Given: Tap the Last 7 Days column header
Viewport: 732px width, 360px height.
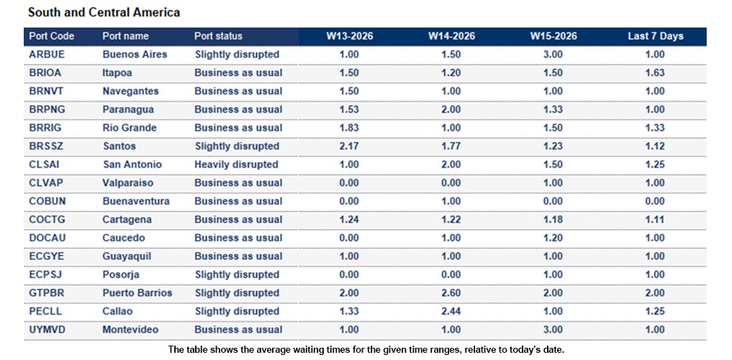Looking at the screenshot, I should (655, 36).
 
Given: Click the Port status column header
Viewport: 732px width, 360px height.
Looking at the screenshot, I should (218, 36).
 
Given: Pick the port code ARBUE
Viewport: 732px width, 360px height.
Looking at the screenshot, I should (47, 54).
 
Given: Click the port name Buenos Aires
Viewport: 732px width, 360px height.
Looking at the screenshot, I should (135, 54).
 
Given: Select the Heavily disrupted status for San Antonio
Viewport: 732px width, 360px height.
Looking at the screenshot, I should (236, 164).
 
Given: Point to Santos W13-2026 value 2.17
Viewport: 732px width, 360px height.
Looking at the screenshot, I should (349, 146).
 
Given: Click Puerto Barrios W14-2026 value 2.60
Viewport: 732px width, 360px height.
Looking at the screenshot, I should (451, 293).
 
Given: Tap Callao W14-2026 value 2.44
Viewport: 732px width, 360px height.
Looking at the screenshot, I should (451, 311).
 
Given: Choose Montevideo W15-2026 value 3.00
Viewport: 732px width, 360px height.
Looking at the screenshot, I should (553, 330).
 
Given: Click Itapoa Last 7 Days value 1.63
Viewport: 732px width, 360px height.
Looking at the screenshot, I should (655, 73).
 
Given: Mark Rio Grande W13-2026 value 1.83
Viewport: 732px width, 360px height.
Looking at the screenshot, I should (349, 127).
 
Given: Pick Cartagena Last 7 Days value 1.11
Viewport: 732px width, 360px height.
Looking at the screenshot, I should (655, 220).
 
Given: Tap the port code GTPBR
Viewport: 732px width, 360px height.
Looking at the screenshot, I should (48, 293).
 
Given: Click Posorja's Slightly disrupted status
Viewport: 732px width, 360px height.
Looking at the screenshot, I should (237, 274).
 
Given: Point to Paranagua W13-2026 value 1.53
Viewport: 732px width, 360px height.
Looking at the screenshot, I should (349, 109).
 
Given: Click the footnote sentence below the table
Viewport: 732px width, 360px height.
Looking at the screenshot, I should (366, 349).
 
